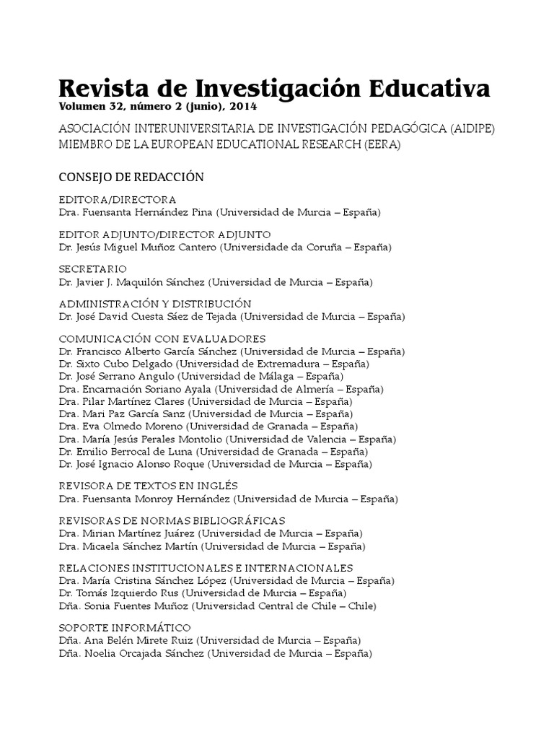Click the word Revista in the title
[x=100, y=89]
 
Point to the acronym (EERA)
[x=380, y=144]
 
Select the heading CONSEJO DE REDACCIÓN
[x=131, y=177]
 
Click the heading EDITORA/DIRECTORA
[x=118, y=200]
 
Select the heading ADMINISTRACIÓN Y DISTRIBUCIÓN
[x=154, y=304]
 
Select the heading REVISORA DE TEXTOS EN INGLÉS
[x=148, y=486]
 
